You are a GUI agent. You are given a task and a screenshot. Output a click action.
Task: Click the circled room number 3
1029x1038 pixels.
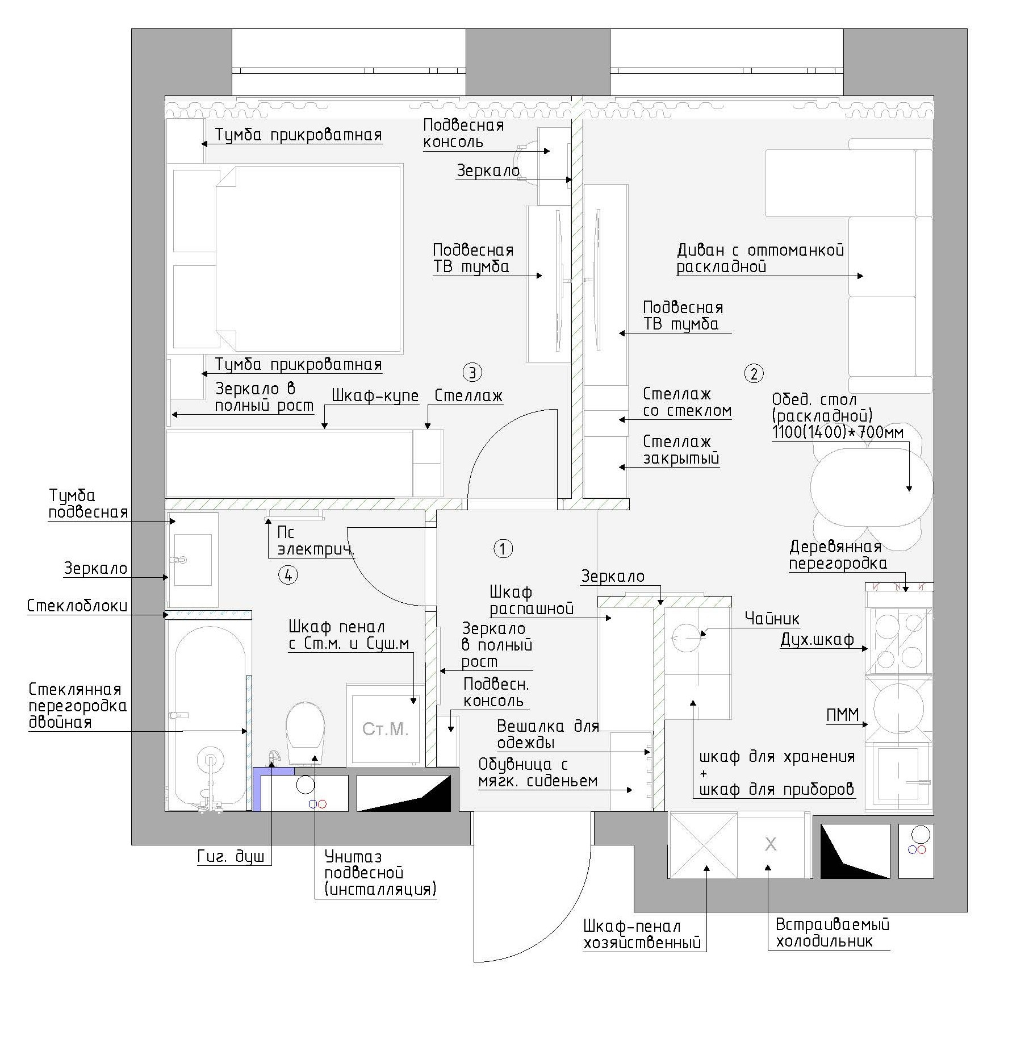click(472, 373)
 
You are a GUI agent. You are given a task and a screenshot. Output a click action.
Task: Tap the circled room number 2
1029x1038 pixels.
click(754, 373)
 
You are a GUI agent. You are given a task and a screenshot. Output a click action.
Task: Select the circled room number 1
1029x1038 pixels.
click(503, 549)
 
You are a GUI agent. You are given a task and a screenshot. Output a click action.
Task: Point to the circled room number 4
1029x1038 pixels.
click(288, 575)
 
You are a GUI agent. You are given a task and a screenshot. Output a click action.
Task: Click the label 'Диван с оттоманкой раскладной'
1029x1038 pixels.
click(760, 258)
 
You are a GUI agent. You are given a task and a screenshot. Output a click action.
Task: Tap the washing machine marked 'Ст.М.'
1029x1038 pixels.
click(386, 725)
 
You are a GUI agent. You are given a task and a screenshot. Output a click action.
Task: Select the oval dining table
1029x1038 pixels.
click(871, 486)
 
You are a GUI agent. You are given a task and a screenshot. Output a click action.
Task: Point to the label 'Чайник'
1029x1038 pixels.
click(772, 619)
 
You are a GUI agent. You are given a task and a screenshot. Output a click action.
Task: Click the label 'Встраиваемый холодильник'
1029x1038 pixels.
click(833, 933)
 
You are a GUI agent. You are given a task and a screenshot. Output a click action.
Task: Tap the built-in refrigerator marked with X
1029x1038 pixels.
click(771, 845)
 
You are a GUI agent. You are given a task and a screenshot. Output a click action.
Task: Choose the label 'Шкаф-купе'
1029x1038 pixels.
click(375, 396)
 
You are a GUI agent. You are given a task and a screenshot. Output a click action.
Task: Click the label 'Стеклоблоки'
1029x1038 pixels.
click(77, 606)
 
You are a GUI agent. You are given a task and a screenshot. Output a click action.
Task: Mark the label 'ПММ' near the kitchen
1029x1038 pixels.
click(843, 715)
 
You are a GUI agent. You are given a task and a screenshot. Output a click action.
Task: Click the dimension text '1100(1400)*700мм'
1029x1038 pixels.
click(838, 432)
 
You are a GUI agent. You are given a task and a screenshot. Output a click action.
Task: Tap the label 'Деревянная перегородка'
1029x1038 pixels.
click(838, 555)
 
